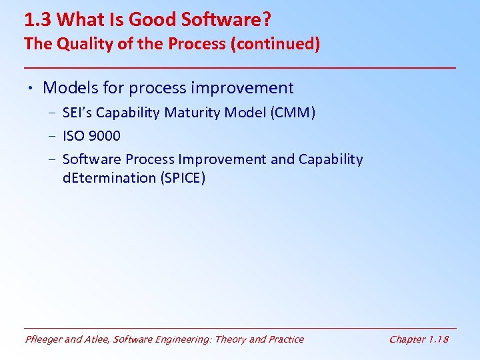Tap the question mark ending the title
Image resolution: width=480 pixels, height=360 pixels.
pos(267,19)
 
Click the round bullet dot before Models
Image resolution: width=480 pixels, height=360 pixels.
pos(31,88)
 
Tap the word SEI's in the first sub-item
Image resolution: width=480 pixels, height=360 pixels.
pos(78,113)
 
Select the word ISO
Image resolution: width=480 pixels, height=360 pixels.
pos(74,136)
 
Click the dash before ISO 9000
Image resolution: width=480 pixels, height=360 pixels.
pos(51,136)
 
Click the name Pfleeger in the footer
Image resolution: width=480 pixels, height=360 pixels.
pos(44,339)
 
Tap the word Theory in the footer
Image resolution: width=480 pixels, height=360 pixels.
pos(229,339)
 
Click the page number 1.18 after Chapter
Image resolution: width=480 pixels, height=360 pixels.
pos(437,339)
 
